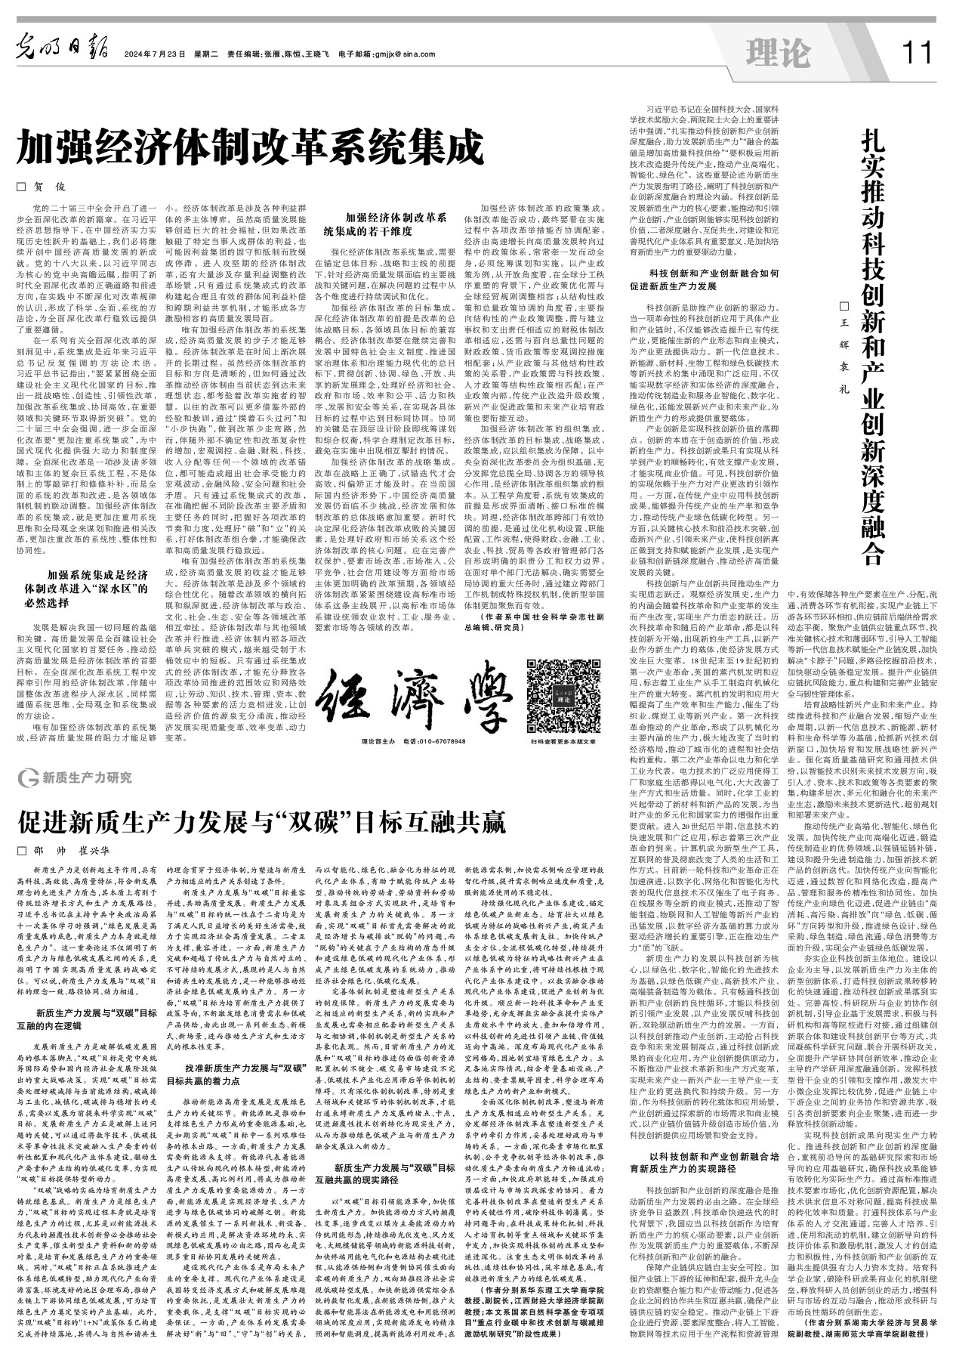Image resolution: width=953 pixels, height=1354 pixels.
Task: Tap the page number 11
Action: (x=918, y=53)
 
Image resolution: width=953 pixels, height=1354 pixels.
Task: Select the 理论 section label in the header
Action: (x=777, y=53)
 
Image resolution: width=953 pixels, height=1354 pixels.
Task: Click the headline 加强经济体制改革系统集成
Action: (x=249, y=147)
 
